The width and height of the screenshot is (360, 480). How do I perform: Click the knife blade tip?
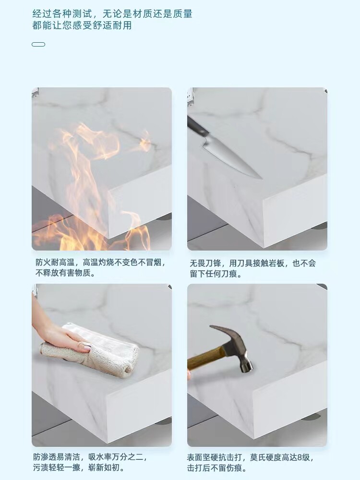click(x=262, y=179)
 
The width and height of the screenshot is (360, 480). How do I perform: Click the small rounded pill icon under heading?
click(x=38, y=44)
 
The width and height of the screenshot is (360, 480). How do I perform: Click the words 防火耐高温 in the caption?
click(x=55, y=262)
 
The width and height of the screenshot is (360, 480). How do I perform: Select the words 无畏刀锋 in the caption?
click(x=205, y=263)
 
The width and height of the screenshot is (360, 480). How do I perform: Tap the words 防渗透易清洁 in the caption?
click(x=57, y=457)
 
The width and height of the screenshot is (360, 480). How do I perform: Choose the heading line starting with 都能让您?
click(x=82, y=25)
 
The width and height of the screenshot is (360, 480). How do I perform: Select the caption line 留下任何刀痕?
click(x=216, y=274)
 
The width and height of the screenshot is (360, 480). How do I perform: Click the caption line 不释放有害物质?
click(x=65, y=273)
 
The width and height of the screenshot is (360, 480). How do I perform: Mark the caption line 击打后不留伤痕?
click(x=217, y=468)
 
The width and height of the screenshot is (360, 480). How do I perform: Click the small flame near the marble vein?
click(x=145, y=142)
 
